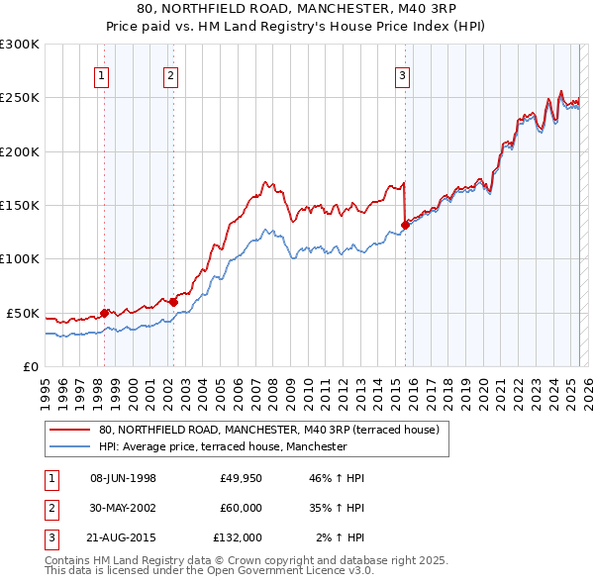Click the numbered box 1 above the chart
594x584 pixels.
(x=102, y=74)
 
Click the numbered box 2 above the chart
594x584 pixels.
(x=170, y=74)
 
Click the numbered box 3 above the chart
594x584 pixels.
(x=403, y=74)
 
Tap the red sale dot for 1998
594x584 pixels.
(x=105, y=313)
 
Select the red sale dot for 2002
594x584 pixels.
(x=173, y=302)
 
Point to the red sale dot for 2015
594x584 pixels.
(x=406, y=225)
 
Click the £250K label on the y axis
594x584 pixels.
(x=20, y=98)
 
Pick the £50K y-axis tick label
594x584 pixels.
(x=23, y=313)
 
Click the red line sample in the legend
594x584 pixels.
(x=68, y=430)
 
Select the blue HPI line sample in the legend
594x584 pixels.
(x=68, y=446)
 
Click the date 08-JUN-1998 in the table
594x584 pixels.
(x=123, y=478)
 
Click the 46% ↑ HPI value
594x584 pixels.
(x=338, y=478)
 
